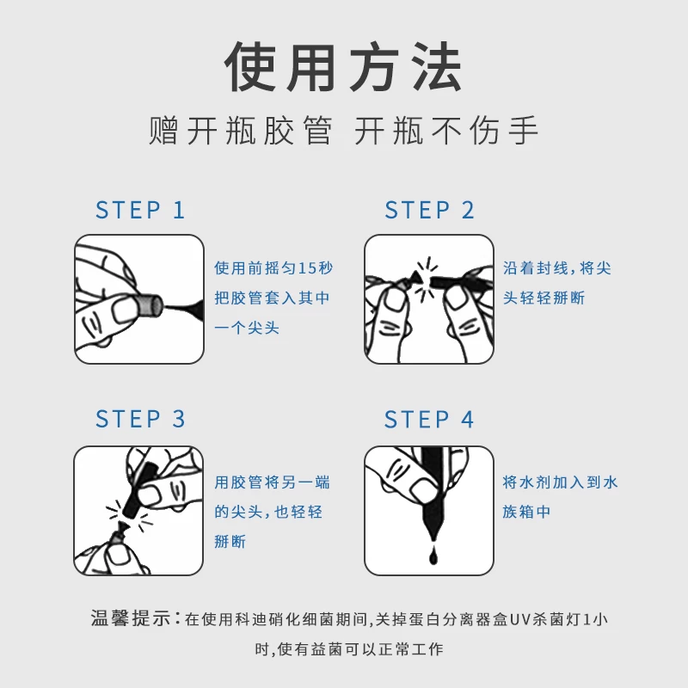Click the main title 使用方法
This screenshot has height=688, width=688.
click(x=343, y=67)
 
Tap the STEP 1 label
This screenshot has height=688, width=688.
click(x=140, y=210)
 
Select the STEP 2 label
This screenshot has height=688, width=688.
click(x=429, y=210)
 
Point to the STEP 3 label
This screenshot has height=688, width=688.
click(x=140, y=419)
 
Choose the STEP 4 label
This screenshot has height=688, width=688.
click(x=429, y=419)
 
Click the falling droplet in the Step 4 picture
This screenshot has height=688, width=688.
click(x=433, y=556)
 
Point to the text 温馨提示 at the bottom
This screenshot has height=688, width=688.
click(x=131, y=618)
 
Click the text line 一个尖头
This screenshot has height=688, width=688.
click(x=247, y=328)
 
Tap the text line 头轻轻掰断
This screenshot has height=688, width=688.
click(x=544, y=298)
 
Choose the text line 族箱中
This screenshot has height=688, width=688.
click(x=526, y=512)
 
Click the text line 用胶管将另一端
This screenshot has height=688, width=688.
click(x=272, y=482)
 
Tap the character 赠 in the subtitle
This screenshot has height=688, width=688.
click(x=163, y=131)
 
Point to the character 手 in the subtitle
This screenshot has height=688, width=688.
click(x=524, y=131)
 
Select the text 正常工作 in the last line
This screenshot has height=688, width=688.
click(x=411, y=649)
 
